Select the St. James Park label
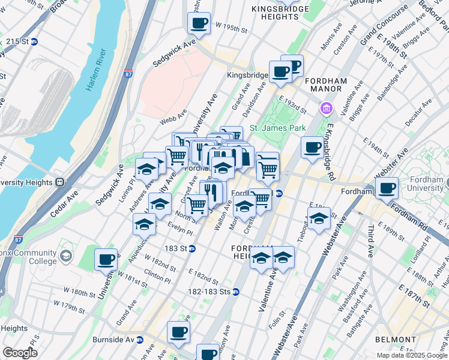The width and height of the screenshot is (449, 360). [278, 128]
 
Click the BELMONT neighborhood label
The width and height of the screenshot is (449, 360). [395, 340]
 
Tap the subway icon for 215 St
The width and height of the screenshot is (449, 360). [34, 41]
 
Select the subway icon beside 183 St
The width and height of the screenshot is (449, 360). [192, 248]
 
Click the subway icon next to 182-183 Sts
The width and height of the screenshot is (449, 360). [236, 292]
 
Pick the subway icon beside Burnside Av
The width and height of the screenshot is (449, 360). [139, 340]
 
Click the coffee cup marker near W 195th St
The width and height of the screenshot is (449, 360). [199, 23]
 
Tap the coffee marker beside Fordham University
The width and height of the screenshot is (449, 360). [387, 188]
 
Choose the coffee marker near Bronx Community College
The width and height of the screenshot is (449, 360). [106, 259]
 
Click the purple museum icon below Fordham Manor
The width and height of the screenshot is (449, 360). [326, 109]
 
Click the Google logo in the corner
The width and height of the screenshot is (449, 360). [20, 353]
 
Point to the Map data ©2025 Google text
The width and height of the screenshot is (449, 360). [411, 355]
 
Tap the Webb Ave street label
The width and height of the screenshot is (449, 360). [173, 117]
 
